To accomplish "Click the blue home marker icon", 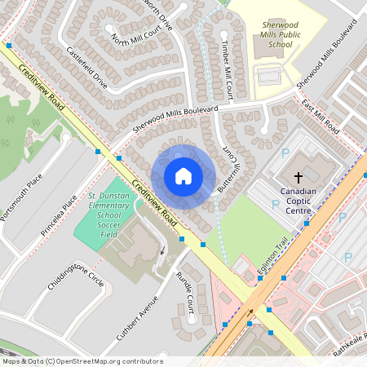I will (x=183, y=176).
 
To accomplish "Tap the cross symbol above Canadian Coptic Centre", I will (x=298, y=177).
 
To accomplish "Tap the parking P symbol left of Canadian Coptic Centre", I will (x=285, y=153).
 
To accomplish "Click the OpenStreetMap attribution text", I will (x=82, y=360).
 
